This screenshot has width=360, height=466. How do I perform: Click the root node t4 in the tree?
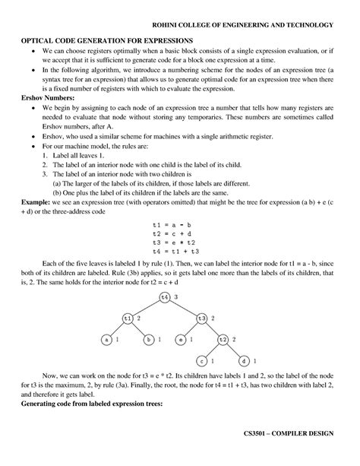pyautogui.click(x=165, y=296)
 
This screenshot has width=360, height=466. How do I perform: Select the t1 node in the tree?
pyautogui.click(x=128, y=318)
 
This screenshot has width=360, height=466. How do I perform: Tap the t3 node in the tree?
pyautogui.click(x=201, y=318)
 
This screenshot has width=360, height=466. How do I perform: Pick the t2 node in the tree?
pyautogui.click(x=223, y=339)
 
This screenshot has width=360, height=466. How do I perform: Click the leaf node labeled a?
pyautogui.click(x=107, y=339)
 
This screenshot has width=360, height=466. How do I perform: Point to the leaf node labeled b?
pyautogui.click(x=149, y=339)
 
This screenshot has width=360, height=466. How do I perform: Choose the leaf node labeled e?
pyautogui.click(x=182, y=339)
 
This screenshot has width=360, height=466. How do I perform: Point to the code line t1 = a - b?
pyautogui.click(x=175, y=226)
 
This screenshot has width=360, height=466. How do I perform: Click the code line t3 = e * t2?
pyautogui.click(x=175, y=243)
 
